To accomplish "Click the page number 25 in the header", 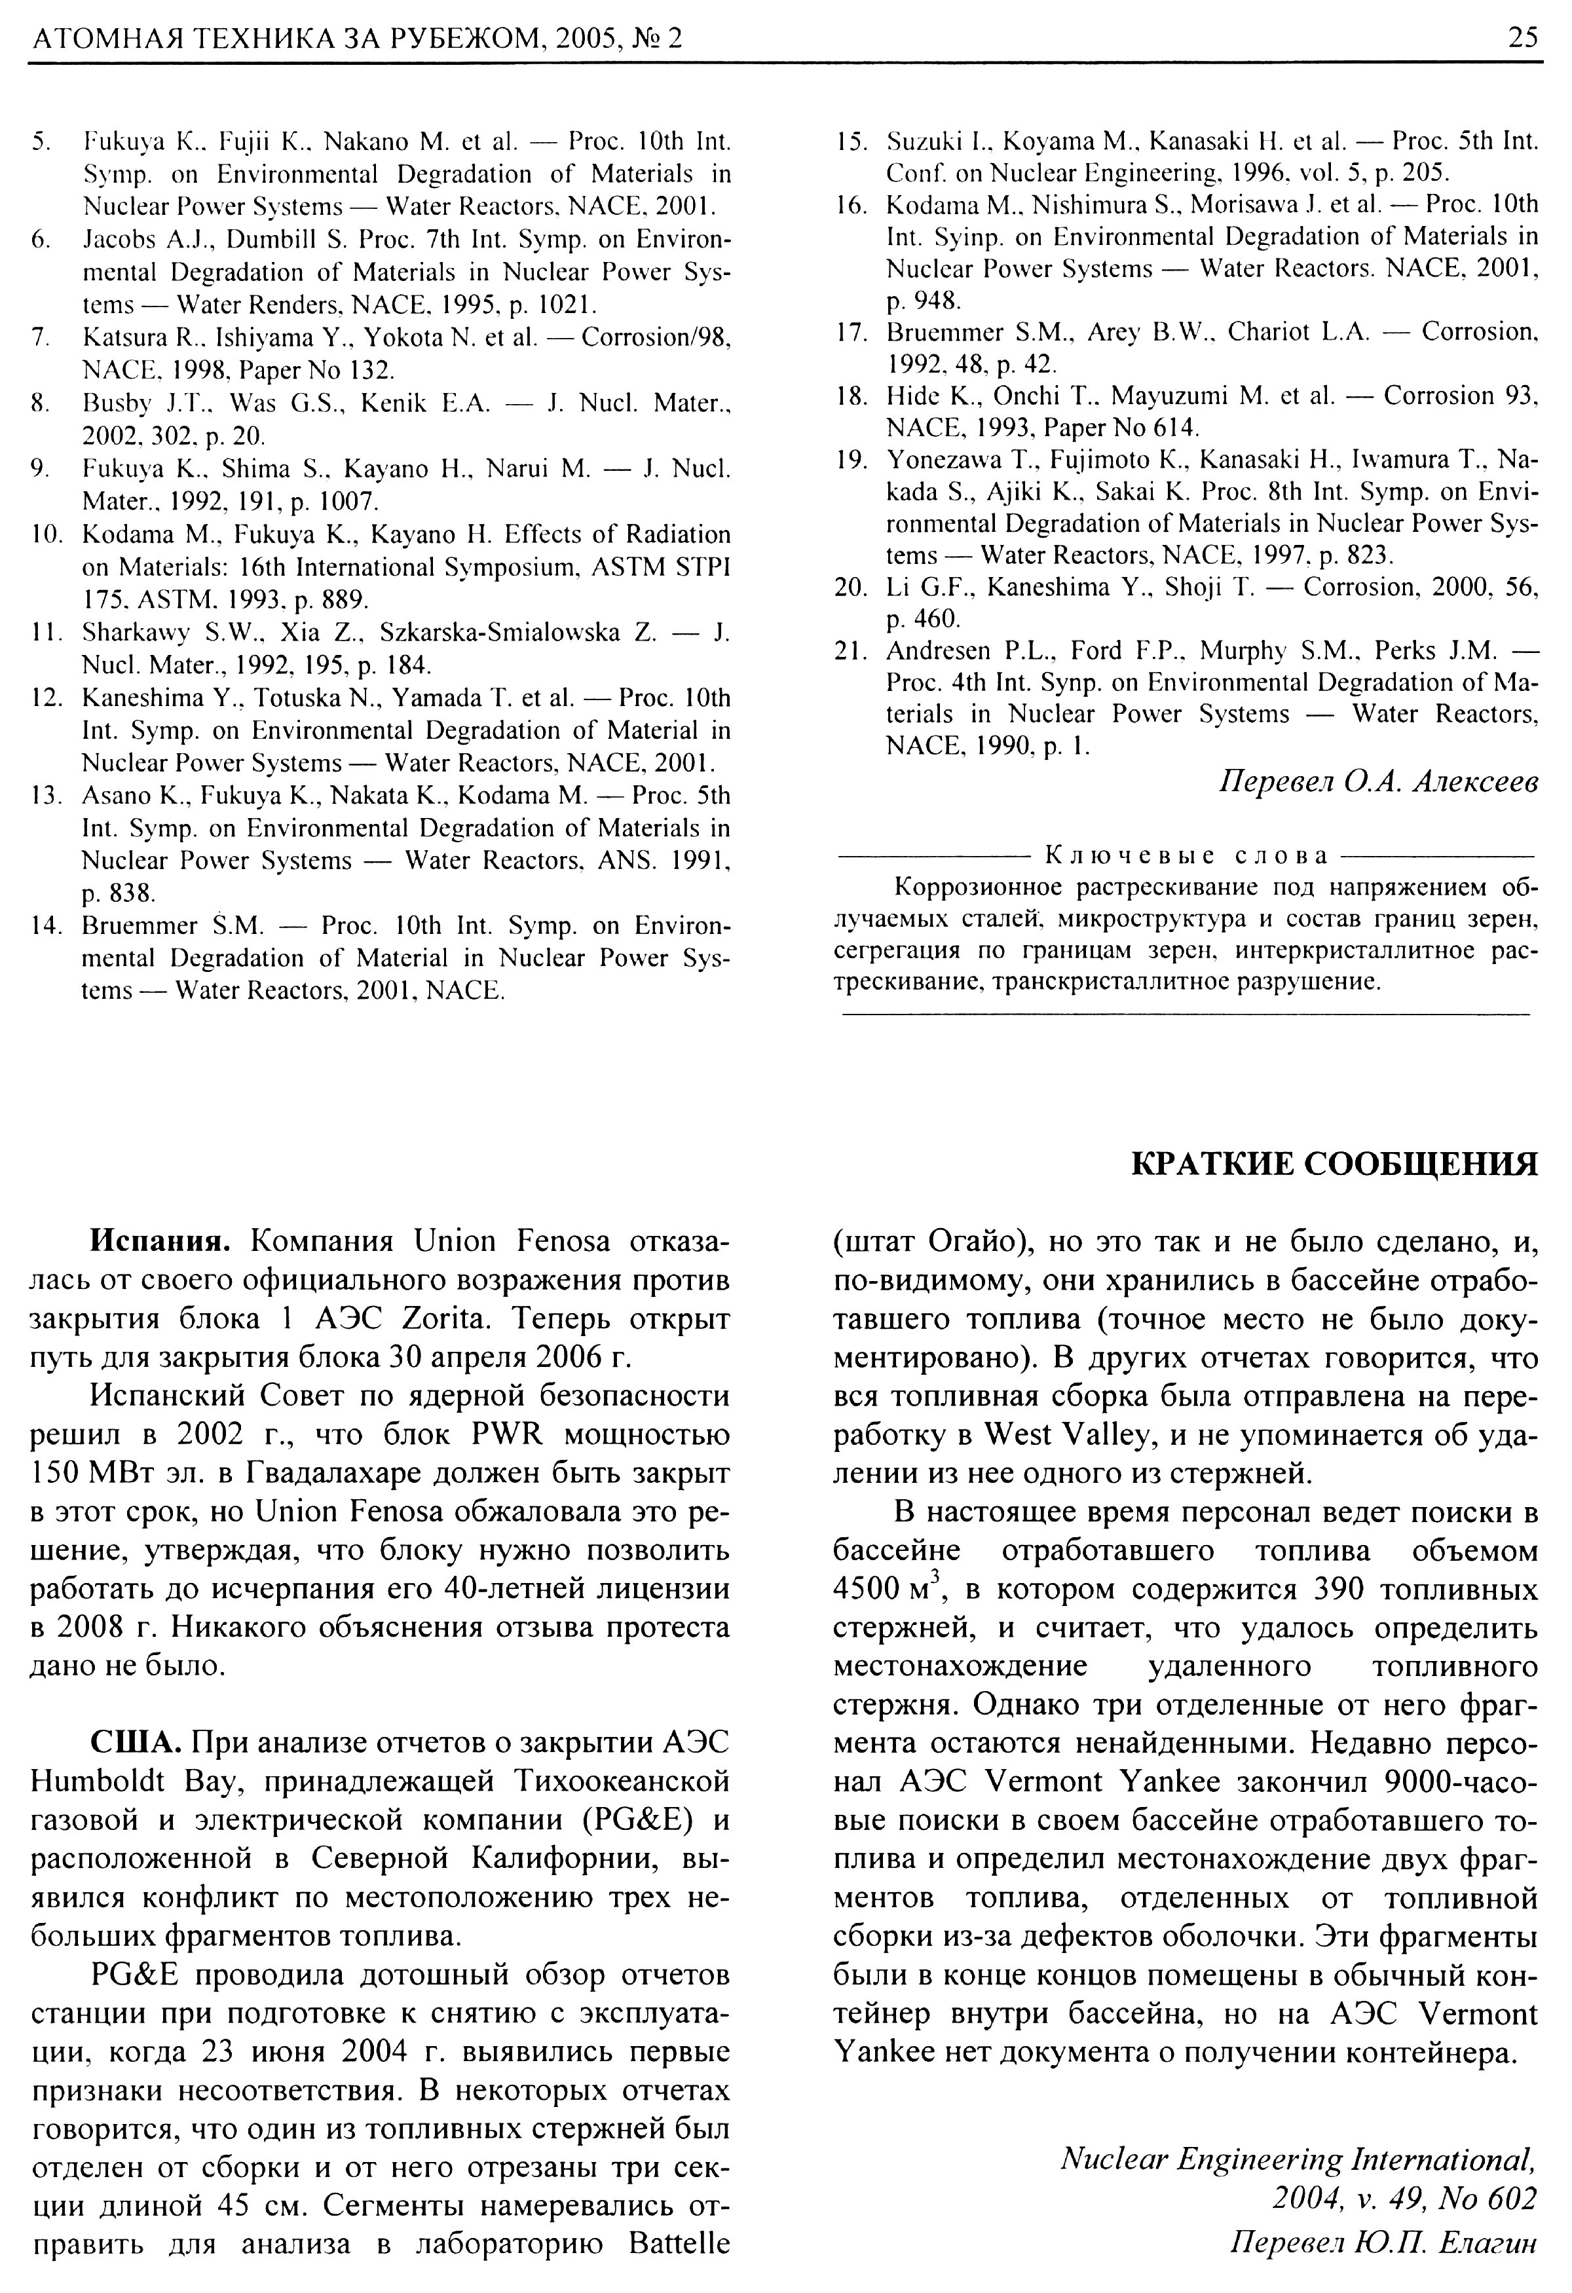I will [x=1523, y=37].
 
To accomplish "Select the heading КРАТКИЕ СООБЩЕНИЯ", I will [x=1333, y=1165].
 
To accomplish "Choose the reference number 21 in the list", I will [x=851, y=650].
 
